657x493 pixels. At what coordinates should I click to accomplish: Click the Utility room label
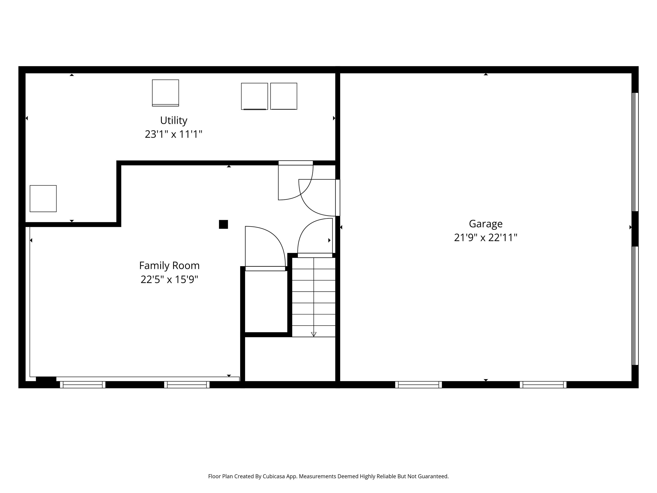(x=173, y=120)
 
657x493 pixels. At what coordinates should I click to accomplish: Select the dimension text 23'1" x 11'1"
(x=173, y=134)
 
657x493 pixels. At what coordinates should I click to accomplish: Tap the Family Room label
(x=169, y=265)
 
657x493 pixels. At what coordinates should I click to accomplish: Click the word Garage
(x=486, y=223)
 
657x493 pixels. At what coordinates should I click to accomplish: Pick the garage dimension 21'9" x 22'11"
(x=486, y=238)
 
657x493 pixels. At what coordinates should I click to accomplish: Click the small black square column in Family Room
(x=223, y=224)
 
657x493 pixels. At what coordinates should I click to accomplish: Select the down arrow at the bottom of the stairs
(x=314, y=334)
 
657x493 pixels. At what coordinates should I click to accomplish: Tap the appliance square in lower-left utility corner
(x=43, y=199)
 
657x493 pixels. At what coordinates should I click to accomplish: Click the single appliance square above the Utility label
(x=166, y=93)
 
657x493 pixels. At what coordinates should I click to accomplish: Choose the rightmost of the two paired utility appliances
(x=284, y=96)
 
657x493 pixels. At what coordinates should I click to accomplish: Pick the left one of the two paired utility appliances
(x=254, y=96)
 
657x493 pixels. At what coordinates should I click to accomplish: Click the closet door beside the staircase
(x=264, y=248)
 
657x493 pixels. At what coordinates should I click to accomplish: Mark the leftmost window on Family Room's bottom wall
(x=83, y=385)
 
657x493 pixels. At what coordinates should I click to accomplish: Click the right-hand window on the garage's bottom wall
(x=543, y=385)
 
